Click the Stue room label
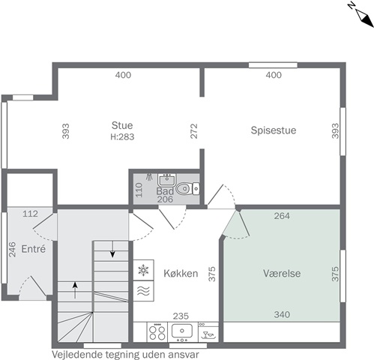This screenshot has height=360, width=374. tap(122, 125)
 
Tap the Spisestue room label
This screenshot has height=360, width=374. tap(274, 130)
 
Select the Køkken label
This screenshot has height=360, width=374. tap(181, 273)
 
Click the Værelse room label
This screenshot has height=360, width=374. tap(282, 273)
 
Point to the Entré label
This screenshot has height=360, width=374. tap(34, 249)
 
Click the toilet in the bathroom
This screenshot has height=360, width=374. tap(187, 188)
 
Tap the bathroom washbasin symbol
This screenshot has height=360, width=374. tap(166, 180)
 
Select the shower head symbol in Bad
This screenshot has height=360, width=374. tap(149, 176)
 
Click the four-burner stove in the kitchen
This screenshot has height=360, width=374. tap(157, 332)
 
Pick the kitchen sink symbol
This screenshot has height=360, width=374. tap(182, 331)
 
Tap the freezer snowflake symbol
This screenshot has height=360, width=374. tap(143, 270)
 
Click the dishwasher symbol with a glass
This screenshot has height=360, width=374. tap(208, 332)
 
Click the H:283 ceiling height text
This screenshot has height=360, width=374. tap(122, 136)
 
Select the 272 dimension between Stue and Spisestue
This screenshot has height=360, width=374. tap(194, 131)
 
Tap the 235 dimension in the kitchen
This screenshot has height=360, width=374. tap(181, 316)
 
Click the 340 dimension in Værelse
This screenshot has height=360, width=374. tap(282, 314)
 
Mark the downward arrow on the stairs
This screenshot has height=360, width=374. tap(112, 249)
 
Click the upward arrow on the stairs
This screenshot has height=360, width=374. tap(75, 290)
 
